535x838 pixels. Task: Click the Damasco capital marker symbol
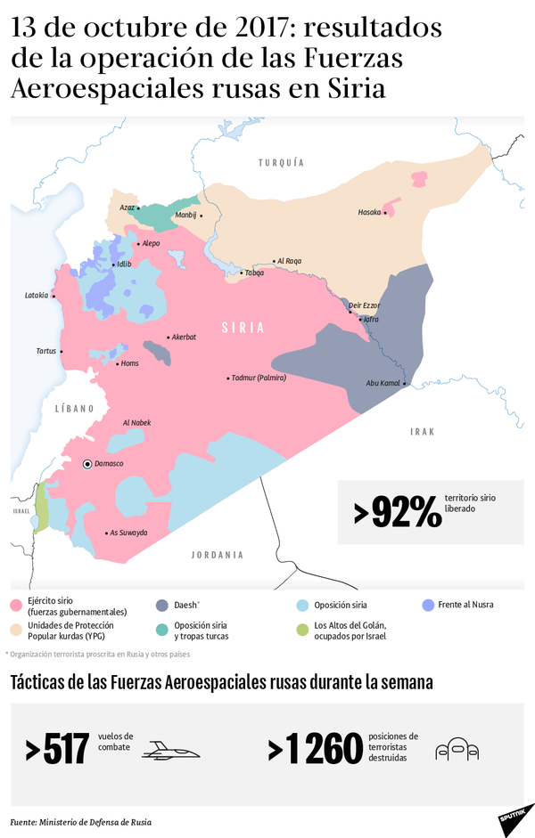pos(86,464)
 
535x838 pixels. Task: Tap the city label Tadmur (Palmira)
pos(259,378)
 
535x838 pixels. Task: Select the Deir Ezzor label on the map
pos(364,305)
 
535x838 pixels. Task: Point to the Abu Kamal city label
pos(383,384)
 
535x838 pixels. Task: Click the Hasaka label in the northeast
pos(369,212)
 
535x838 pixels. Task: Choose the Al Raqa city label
pos(289,261)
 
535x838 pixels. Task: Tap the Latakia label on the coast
pos(37,296)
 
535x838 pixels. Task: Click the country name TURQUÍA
pos(281,163)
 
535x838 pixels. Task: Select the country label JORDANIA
pos(217,555)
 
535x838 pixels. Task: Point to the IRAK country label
pos(422,431)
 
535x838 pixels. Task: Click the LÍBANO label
pos(74,409)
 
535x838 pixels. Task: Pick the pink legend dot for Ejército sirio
pos(15,606)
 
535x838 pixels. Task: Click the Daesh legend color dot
pos(162,606)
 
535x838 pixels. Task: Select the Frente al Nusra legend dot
pos(428,606)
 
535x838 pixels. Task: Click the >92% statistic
pos(397,512)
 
